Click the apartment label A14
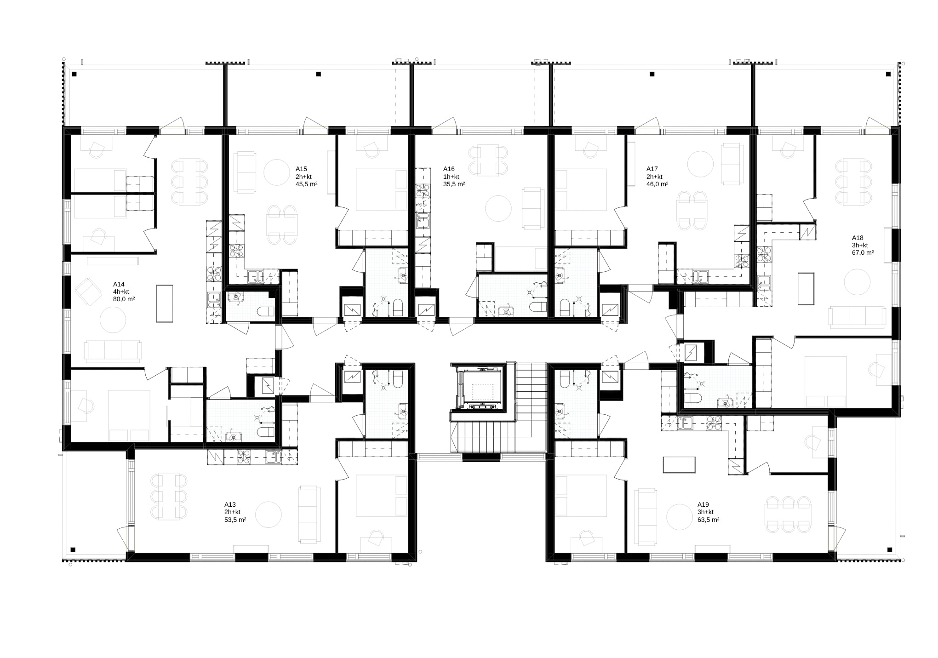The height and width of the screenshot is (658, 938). (119, 284)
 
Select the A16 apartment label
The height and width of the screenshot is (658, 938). (449, 169)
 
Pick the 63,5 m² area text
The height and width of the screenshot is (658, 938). (709, 520)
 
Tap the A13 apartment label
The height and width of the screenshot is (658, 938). (230, 504)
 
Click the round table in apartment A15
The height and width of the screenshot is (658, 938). (277, 172)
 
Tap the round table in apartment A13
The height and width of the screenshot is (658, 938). (268, 515)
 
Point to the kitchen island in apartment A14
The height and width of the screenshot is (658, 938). (165, 303)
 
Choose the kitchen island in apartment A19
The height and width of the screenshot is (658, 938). (679, 465)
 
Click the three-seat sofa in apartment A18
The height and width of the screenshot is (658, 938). (858, 317)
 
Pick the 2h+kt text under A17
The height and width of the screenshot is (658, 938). (654, 177)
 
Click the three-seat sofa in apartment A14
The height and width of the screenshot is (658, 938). (113, 352)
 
